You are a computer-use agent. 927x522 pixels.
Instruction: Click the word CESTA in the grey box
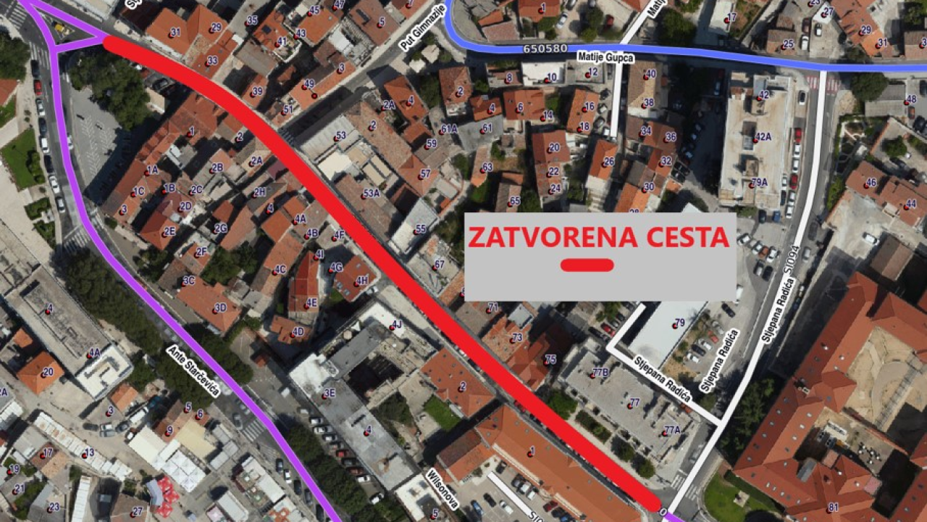tap(679, 238)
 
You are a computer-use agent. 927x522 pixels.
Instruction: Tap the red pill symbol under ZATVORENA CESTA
tap(587, 265)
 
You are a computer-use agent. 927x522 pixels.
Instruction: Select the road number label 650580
tap(545, 49)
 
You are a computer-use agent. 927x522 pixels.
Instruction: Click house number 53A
tap(372, 193)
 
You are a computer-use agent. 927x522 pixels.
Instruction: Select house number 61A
tap(449, 128)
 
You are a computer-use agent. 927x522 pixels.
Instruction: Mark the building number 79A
tap(758, 182)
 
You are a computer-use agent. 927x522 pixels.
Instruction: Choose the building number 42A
tap(763, 136)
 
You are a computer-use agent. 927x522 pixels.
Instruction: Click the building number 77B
tap(600, 373)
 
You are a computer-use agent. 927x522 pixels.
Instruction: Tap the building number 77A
tap(671, 429)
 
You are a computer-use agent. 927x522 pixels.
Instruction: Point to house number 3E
tap(329, 393)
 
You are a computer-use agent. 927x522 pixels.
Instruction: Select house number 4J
tap(396, 324)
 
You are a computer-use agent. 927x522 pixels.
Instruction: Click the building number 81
tap(833, 507)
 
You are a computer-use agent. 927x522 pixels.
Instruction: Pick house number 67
tap(438, 265)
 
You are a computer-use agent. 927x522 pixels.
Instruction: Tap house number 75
tap(550, 359)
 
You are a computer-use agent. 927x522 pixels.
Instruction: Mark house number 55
tap(420, 229)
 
